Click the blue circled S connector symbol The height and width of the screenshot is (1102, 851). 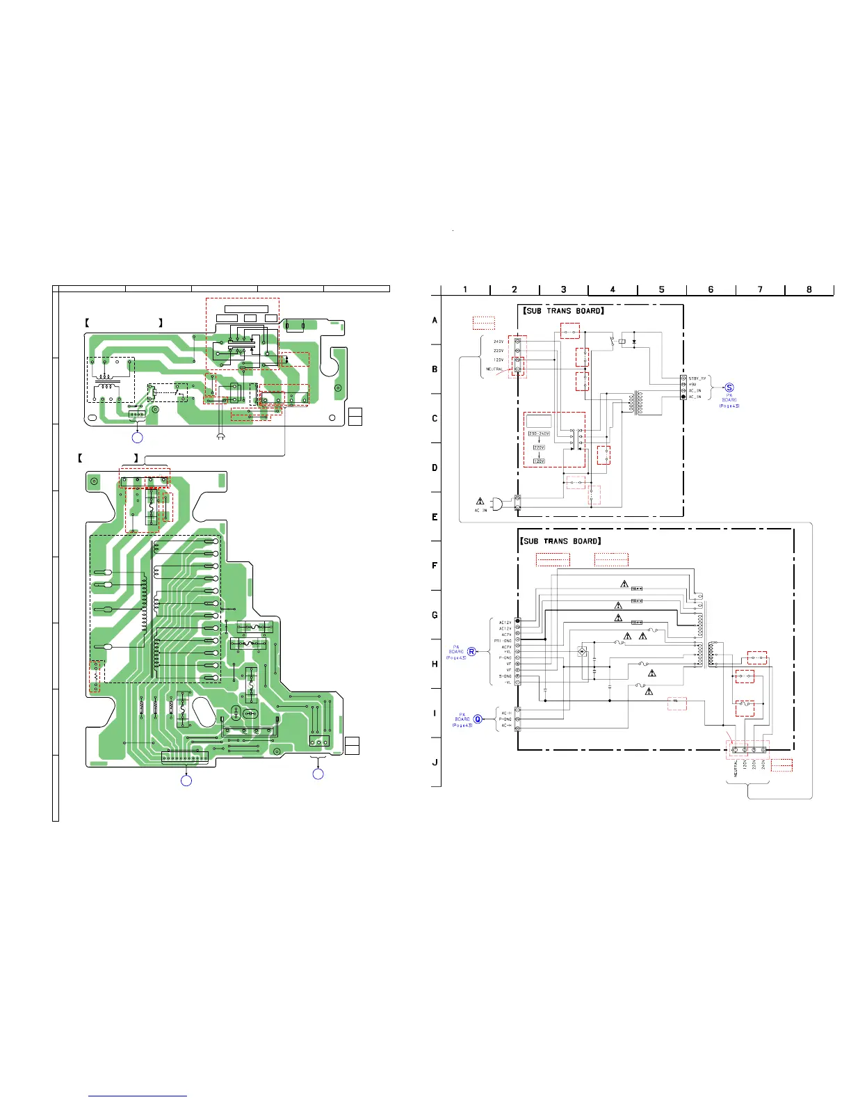click(729, 388)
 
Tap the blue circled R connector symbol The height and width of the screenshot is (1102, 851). click(471, 652)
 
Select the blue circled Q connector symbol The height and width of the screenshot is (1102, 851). click(478, 719)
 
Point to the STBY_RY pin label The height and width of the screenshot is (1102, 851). click(697, 378)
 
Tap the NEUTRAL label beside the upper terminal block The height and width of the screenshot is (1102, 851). click(494, 369)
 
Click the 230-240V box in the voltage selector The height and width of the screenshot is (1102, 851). click(539, 433)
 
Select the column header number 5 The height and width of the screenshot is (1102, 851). click(661, 289)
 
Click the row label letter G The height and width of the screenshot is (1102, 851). click(435, 615)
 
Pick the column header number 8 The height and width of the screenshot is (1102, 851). click(809, 289)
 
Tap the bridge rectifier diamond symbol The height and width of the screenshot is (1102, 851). click(582, 652)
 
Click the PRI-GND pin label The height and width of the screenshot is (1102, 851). click(503, 641)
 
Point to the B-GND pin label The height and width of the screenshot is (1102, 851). click(505, 676)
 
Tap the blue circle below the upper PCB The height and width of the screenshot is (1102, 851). click(138, 438)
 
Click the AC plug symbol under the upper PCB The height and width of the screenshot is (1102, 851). click(220, 437)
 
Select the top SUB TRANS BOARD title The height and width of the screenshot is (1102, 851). click(563, 311)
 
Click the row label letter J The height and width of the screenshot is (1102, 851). click(435, 762)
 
